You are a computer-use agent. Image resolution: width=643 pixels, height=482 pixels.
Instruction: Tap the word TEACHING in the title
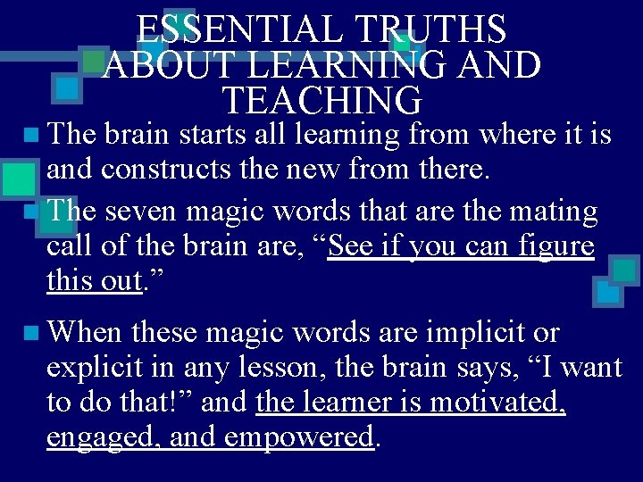(x=321, y=100)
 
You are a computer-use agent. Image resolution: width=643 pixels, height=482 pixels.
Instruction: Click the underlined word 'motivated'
(x=511, y=403)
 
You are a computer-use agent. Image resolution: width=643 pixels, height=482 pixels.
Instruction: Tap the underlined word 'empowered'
(x=298, y=437)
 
